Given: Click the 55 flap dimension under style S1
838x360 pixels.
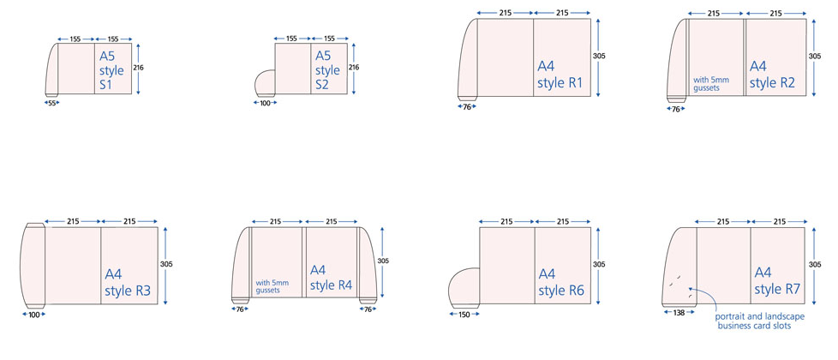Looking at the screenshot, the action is tap(52, 103).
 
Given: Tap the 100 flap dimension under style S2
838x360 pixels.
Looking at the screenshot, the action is tap(265, 103).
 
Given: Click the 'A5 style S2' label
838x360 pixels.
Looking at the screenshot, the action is tap(327, 70).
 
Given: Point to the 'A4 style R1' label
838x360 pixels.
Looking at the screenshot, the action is tap(560, 75).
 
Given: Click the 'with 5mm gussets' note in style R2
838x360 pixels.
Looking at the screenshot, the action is tap(711, 84).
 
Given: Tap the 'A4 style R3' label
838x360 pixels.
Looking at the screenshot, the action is tap(127, 283).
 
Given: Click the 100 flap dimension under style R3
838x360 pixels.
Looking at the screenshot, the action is tap(33, 315).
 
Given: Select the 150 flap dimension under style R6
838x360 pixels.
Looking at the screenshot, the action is tap(464, 315).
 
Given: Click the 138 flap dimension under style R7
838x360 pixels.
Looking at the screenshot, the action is tap(679, 312).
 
